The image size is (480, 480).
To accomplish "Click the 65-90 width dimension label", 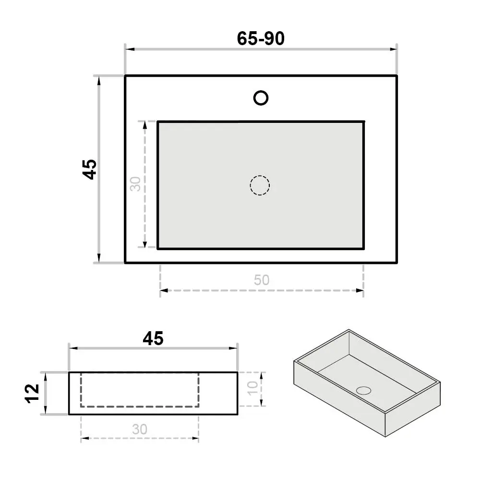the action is click(x=261, y=38).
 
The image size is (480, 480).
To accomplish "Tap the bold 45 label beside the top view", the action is click(x=89, y=169).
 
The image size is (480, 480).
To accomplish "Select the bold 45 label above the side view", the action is click(x=153, y=338).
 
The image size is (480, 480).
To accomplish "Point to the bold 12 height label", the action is click(x=32, y=394).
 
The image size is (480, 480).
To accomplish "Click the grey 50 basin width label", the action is click(x=262, y=280).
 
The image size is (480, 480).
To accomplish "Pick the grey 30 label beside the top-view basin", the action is click(x=135, y=184).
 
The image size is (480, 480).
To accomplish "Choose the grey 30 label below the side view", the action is click(x=140, y=429).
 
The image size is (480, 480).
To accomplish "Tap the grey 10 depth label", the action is click(x=253, y=388).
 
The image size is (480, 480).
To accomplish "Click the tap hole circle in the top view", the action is click(x=261, y=91).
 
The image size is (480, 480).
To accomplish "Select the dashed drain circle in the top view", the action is click(x=260, y=176).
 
